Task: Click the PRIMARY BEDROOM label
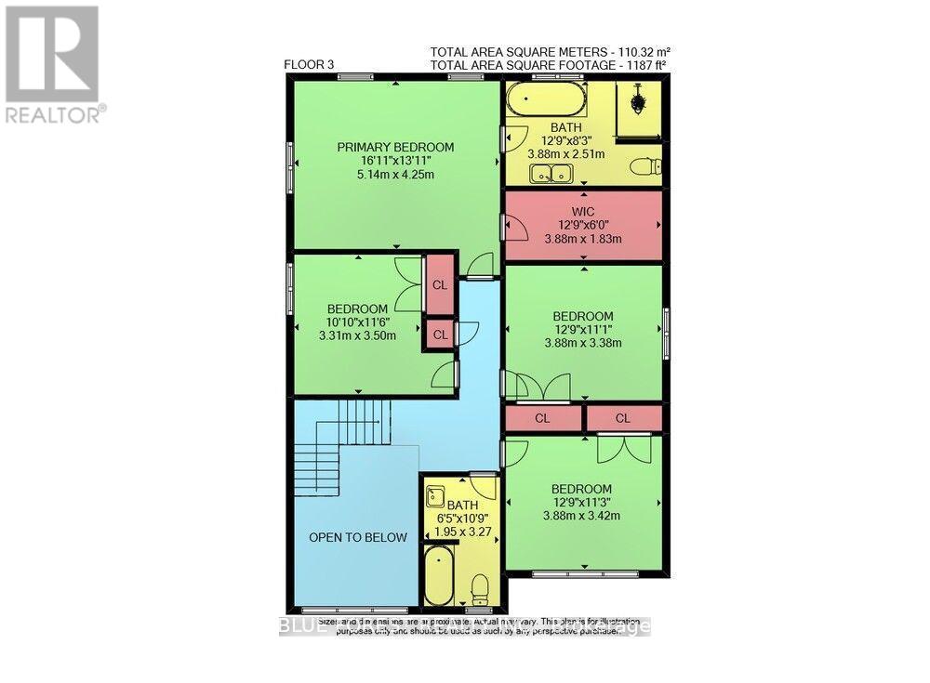point(395,147)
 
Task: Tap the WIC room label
point(584,211)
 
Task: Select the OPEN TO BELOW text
point(358,537)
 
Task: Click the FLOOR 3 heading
point(310,64)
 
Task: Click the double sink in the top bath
point(551,173)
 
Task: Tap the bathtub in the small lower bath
point(438,574)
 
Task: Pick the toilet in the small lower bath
point(480,588)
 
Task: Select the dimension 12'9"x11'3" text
point(581,503)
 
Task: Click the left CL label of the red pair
point(542,418)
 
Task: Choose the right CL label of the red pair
point(622,418)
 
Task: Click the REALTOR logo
point(52,63)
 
